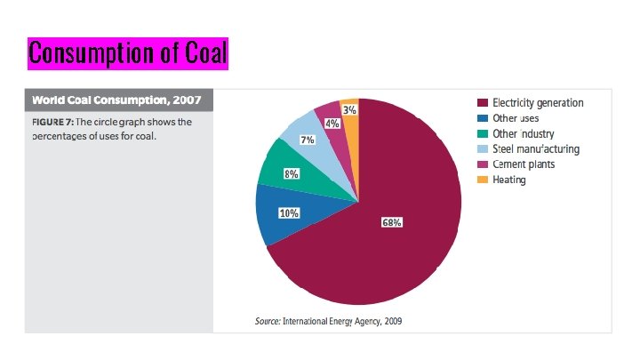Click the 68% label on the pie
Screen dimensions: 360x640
[x=392, y=222]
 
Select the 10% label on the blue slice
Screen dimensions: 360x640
[x=289, y=213]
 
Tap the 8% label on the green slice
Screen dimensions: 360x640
[x=291, y=174]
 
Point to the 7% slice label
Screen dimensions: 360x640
[x=307, y=140]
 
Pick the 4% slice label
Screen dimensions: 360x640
[x=331, y=124]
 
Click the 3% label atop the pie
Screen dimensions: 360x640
[x=350, y=110]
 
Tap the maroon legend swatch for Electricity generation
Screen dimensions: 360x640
[x=483, y=103]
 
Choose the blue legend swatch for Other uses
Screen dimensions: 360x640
[x=483, y=118]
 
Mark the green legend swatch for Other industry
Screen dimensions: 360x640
[x=483, y=133]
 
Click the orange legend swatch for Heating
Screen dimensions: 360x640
[x=483, y=180]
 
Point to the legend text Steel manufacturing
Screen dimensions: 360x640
[x=536, y=148]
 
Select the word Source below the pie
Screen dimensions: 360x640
[x=267, y=320]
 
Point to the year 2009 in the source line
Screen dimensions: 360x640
[x=391, y=320]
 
